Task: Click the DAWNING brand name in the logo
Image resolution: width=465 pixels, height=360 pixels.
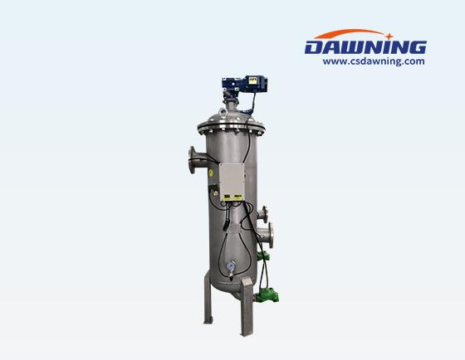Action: (365, 47)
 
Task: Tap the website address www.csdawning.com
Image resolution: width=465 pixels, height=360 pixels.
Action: (374, 61)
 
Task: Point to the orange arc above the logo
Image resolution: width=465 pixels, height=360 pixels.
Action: (350, 32)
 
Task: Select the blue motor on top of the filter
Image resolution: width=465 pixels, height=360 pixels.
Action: (245, 84)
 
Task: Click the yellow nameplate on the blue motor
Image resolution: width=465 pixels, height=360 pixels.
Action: (252, 80)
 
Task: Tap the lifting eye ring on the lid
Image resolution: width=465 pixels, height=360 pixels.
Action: (223, 112)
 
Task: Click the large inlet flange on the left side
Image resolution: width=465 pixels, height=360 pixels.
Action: (192, 159)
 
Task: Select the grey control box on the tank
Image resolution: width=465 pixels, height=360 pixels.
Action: (232, 182)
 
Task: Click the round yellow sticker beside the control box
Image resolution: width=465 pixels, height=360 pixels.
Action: (211, 173)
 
